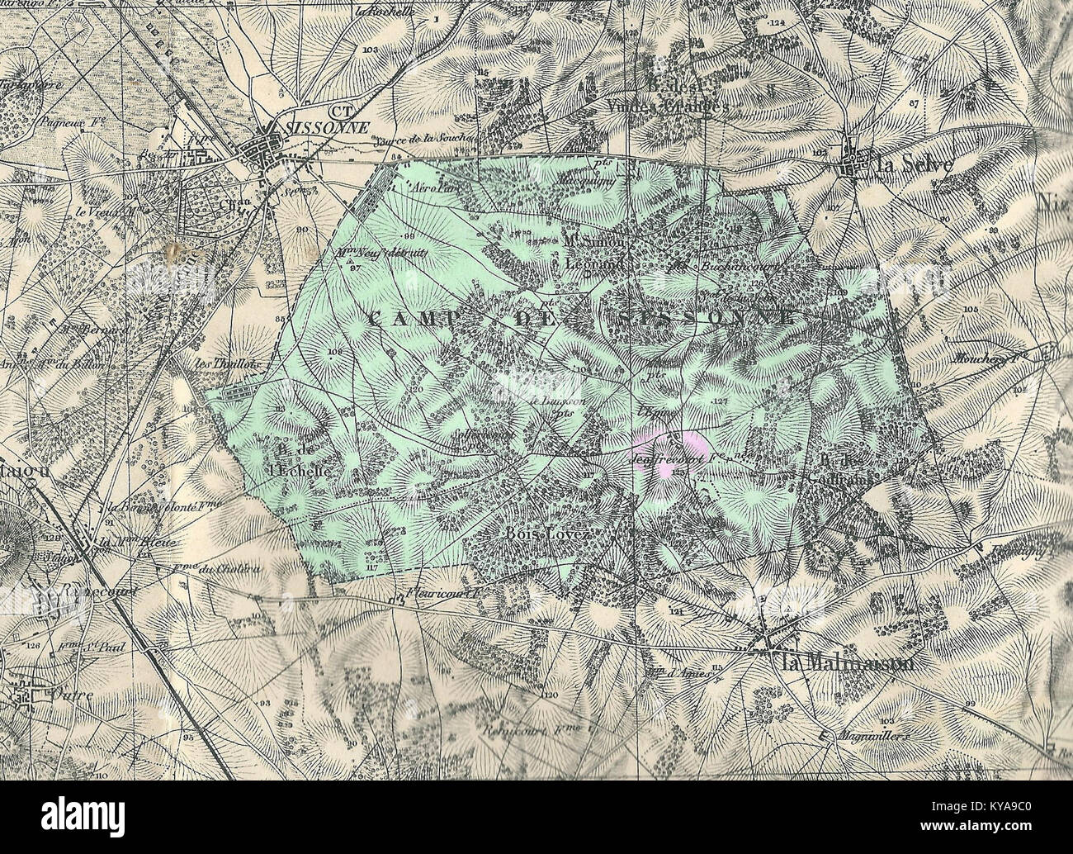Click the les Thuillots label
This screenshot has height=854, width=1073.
click(x=216, y=364)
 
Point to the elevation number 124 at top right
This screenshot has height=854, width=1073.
click(x=775, y=24)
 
